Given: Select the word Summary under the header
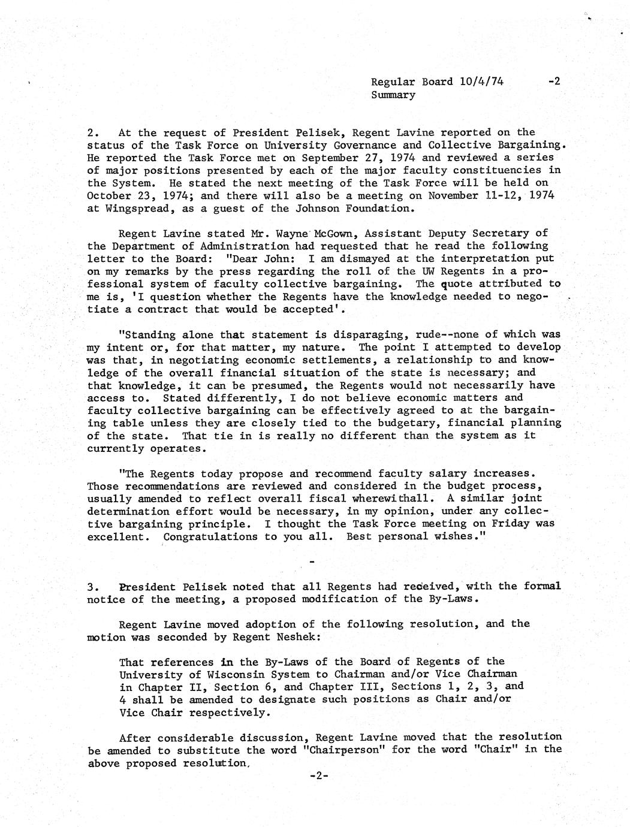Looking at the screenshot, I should point(393,95).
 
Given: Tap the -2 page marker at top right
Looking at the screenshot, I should point(554,82).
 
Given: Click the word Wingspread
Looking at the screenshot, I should point(131,209).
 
